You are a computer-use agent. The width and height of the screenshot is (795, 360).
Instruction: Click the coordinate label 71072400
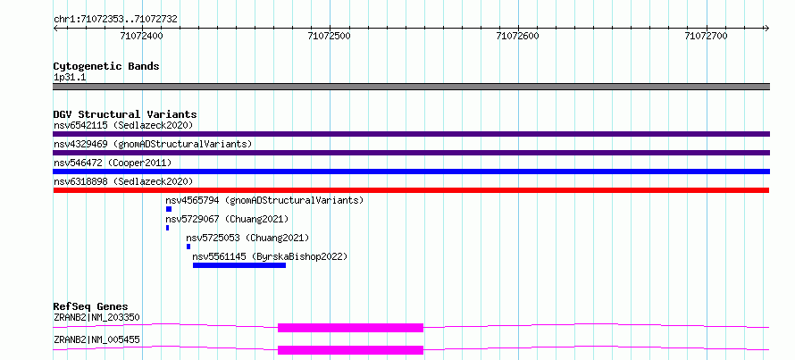point(142,36)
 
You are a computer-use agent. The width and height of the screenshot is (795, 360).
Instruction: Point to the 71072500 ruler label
point(330,36)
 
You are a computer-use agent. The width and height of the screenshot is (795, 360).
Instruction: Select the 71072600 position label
point(518,36)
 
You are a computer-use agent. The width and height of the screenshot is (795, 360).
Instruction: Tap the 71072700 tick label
point(706,36)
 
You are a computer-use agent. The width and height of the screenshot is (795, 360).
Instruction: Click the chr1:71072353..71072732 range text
point(115,20)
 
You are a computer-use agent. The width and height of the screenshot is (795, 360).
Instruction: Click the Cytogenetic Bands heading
point(106,66)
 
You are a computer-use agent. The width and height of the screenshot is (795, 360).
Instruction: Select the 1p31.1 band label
point(70,78)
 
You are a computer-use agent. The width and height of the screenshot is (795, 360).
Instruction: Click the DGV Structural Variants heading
point(125,114)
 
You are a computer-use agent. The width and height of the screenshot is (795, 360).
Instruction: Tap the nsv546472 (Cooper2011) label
point(113,163)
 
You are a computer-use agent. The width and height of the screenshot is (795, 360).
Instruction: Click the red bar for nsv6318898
point(411,190)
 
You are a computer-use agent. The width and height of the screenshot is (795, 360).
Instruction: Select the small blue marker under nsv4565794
point(169,209)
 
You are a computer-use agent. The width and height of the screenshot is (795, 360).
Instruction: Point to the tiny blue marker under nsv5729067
point(167,228)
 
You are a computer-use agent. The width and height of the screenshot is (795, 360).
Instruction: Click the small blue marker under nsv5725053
point(188,247)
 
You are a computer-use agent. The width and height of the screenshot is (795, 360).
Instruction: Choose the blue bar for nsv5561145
point(239,265)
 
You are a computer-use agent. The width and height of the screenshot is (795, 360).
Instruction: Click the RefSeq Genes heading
point(91,306)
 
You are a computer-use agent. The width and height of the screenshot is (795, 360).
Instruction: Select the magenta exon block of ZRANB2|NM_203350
point(350,328)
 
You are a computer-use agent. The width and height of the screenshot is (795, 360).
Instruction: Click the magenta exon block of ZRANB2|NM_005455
point(350,350)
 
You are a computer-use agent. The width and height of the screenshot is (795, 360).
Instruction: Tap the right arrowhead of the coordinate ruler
point(767,28)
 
